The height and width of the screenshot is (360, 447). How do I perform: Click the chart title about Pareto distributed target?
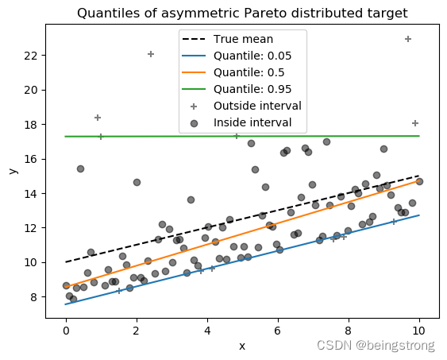point(242,13)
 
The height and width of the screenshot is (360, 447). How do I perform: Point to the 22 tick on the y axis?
point(31,56)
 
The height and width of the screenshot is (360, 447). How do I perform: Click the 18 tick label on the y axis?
point(31,125)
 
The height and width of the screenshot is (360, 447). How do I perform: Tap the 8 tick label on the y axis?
point(34,297)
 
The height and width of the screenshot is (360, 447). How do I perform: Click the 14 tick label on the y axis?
point(31,194)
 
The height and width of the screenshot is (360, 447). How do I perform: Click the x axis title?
point(242,345)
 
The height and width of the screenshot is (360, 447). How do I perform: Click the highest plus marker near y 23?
point(408,39)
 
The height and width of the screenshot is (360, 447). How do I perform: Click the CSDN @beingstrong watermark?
point(376,345)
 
